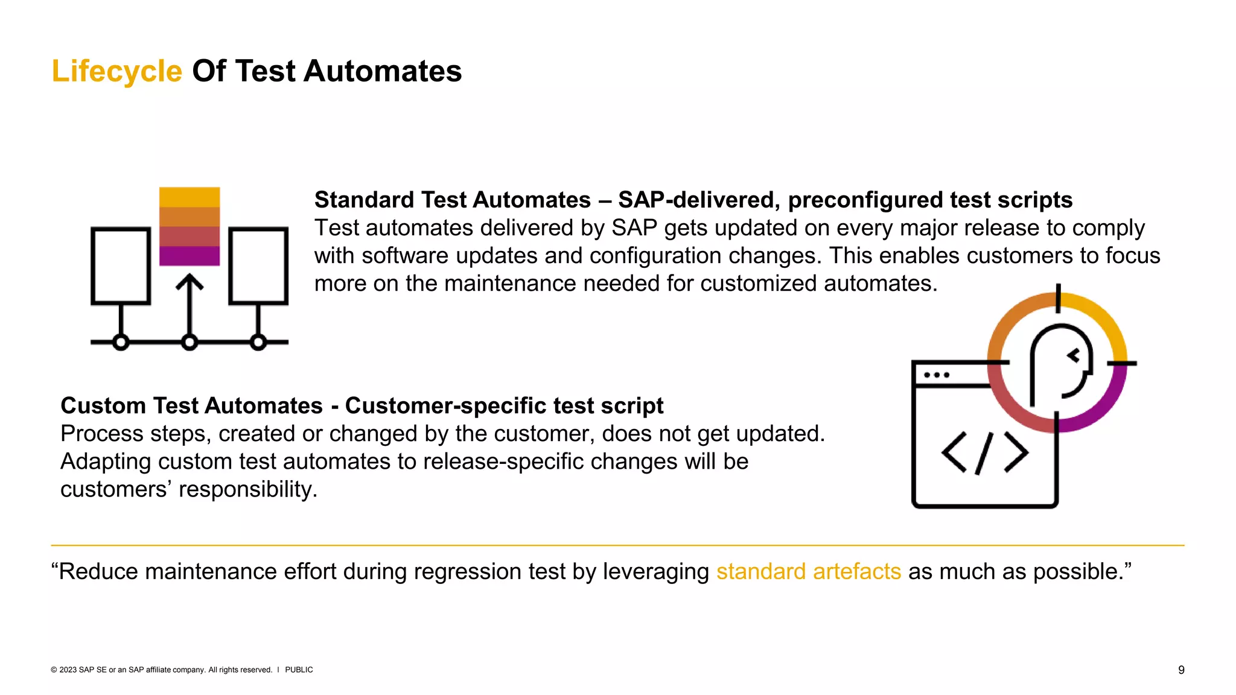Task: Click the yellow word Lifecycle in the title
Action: [116, 71]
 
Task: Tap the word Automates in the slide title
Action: [382, 71]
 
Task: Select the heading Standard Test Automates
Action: [453, 200]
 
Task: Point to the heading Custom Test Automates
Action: [191, 405]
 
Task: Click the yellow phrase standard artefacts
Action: [808, 571]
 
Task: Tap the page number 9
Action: [1181, 670]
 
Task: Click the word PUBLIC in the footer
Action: [299, 670]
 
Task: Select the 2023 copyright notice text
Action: [161, 670]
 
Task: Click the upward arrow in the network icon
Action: [190, 302]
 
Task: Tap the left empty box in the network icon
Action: [121, 265]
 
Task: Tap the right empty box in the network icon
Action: [258, 265]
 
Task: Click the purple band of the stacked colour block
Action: [190, 256]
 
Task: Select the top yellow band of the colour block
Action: [190, 197]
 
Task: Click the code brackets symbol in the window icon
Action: [985, 452]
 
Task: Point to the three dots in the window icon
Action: [936, 375]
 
